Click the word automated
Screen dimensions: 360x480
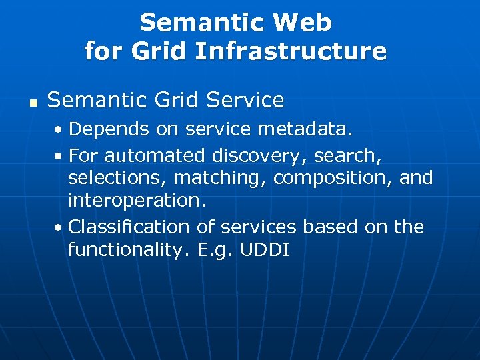[x=155, y=155]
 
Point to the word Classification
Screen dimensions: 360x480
[x=129, y=227]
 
